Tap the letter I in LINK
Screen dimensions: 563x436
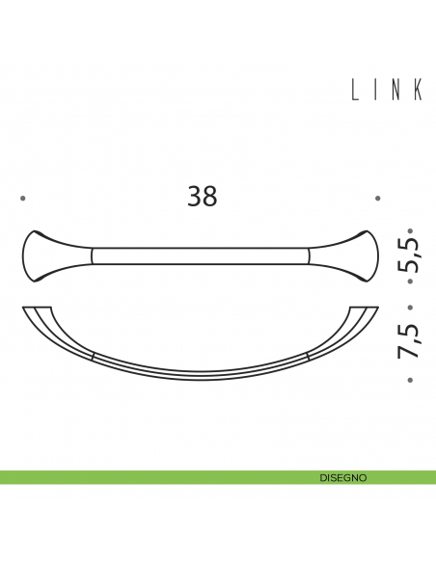pos(377,90)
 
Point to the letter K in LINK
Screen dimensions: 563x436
pos(418,90)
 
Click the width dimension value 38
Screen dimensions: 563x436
pos(203,197)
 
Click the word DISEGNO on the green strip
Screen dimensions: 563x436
pos(342,477)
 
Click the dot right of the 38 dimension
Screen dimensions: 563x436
pos(378,199)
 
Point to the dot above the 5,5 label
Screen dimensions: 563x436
pos(410,230)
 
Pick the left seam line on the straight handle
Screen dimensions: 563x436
pos(92,255)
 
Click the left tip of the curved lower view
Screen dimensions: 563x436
pos(25,308)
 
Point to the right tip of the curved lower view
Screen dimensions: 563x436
pos(374,308)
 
